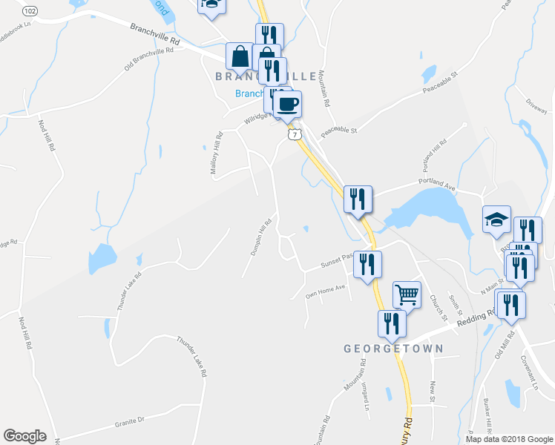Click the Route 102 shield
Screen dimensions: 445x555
pyautogui.click(x=30, y=12)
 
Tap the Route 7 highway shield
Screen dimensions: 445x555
pyautogui.click(x=295, y=135)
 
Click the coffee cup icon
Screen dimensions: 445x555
pyautogui.click(x=287, y=103)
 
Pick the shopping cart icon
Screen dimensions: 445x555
pyautogui.click(x=407, y=294)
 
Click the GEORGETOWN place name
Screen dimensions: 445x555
pyautogui.click(x=393, y=348)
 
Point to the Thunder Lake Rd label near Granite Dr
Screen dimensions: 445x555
pyautogui.click(x=191, y=357)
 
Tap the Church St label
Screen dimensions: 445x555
pyautogui.click(x=438, y=307)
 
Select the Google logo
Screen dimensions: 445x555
pyautogui.click(x=24, y=436)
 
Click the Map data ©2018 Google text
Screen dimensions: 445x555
pyautogui.click(x=510, y=439)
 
